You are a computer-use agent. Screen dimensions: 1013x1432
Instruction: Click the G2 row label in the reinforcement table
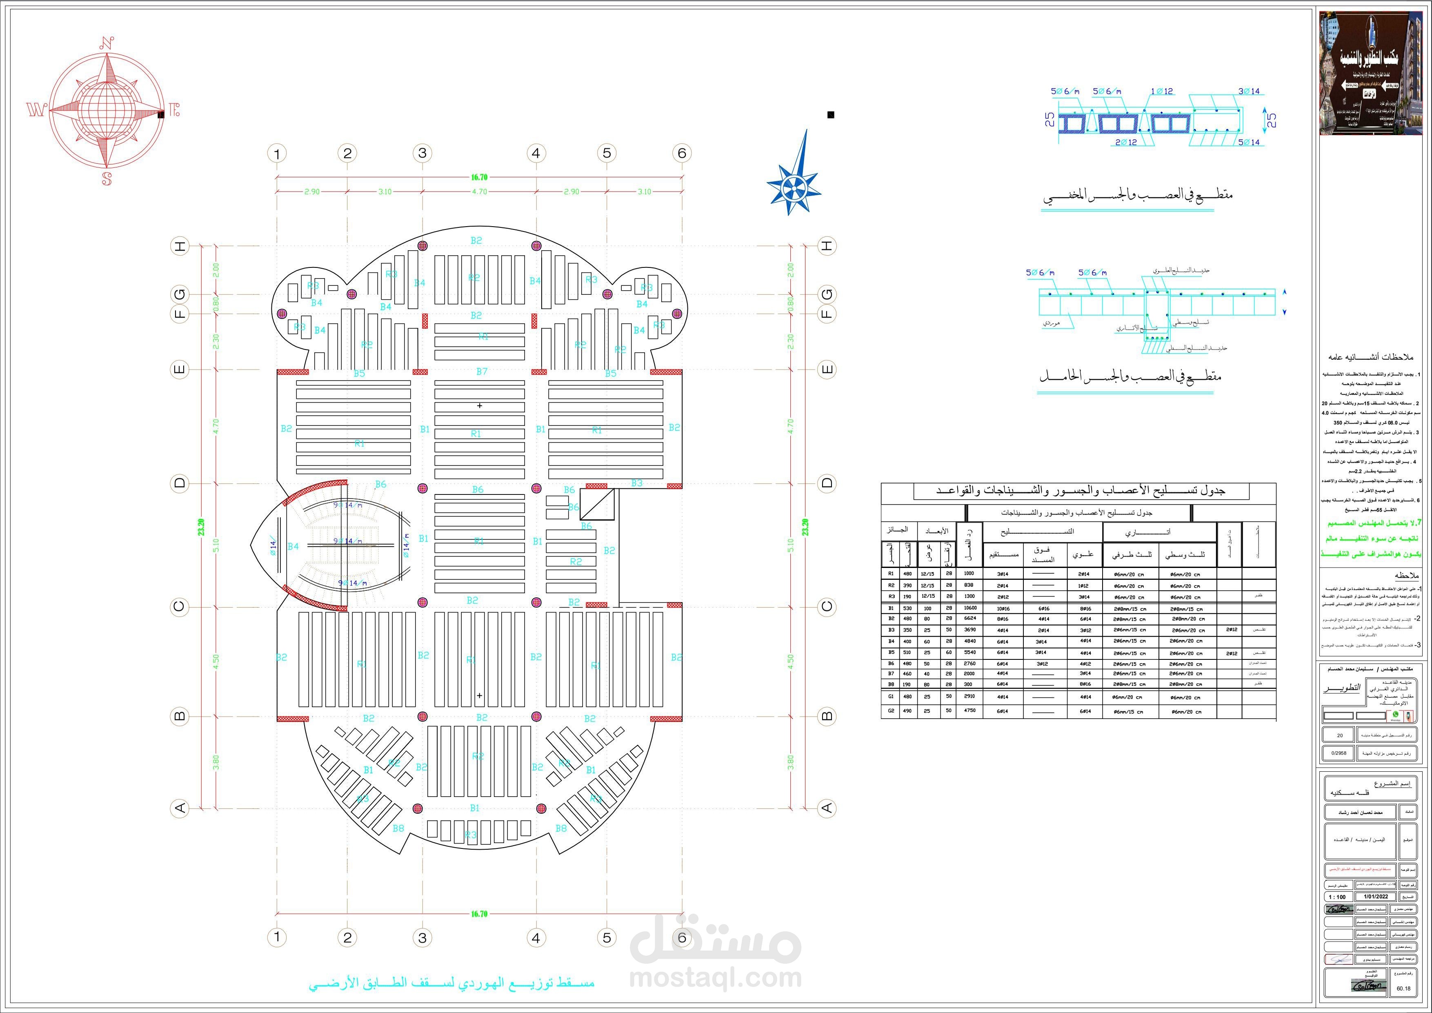(x=891, y=710)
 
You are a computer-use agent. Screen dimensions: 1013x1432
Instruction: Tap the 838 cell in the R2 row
(x=969, y=585)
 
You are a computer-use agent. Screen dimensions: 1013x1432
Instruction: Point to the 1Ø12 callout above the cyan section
(x=1162, y=91)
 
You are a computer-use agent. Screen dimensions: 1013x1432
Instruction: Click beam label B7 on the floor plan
(x=482, y=372)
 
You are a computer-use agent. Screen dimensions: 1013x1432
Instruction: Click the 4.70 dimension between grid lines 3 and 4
(x=479, y=191)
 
